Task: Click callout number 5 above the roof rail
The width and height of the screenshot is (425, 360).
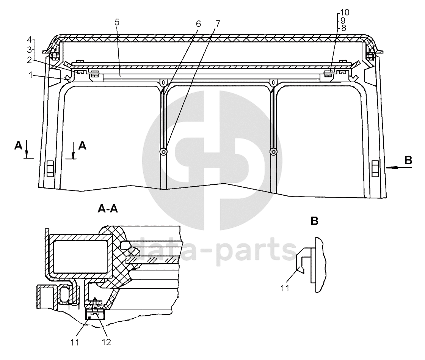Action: [x=117, y=22]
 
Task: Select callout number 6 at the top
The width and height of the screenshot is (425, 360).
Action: [x=198, y=24]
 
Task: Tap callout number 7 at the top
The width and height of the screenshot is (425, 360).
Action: [x=218, y=24]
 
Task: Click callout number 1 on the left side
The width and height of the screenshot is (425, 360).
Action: [x=31, y=75]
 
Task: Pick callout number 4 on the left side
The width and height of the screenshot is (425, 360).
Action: [x=29, y=40]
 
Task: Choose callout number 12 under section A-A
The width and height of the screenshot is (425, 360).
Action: [x=107, y=342]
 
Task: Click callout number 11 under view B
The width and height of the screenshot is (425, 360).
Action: [x=285, y=288]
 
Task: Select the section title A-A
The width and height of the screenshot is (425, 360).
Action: [x=108, y=209]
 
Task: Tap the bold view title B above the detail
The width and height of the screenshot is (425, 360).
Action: [x=314, y=221]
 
